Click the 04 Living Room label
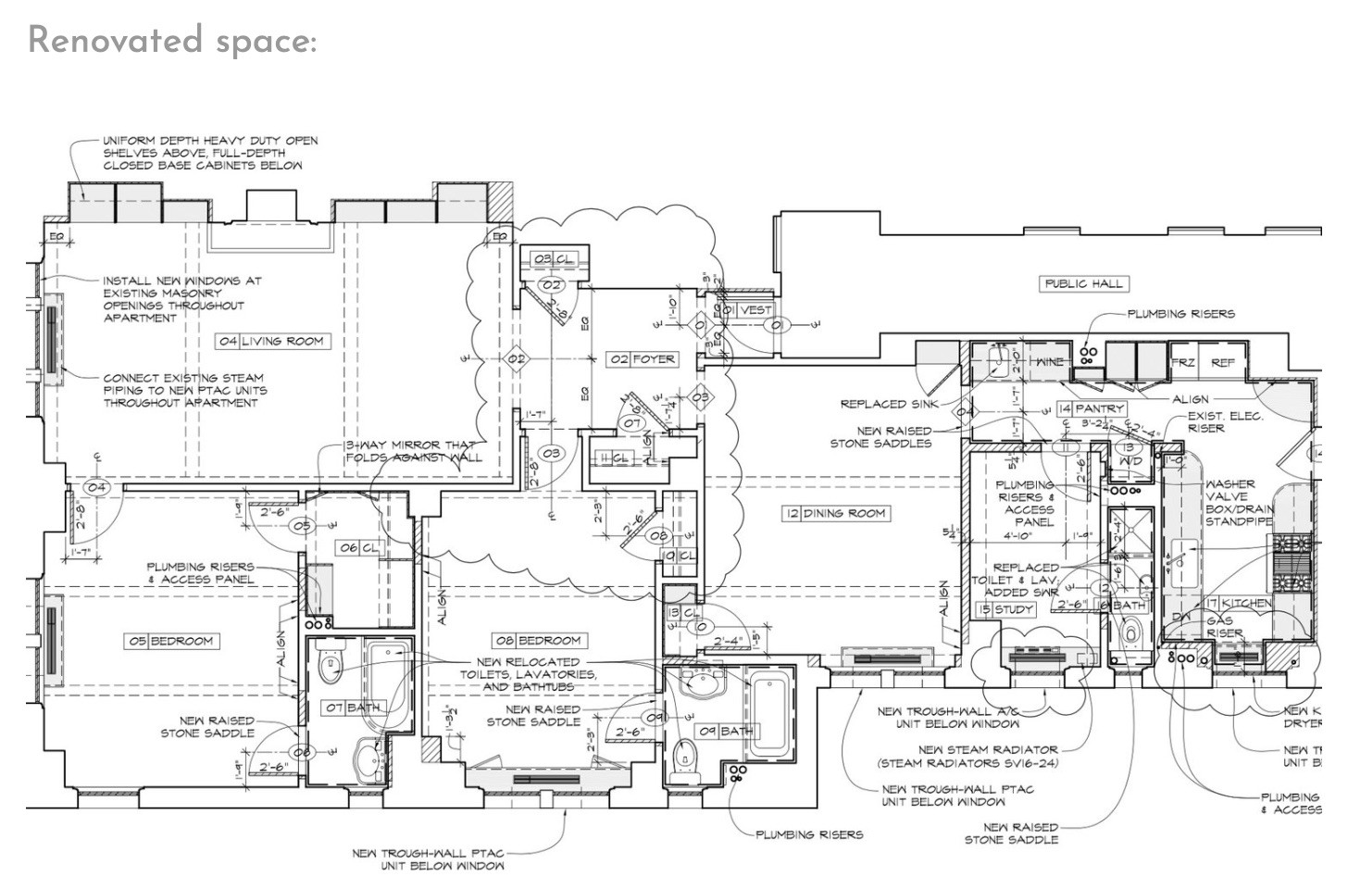tap(272, 341)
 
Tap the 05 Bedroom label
tap(172, 640)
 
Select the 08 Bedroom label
tap(539, 640)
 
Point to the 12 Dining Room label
tap(835, 513)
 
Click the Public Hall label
tap(1083, 283)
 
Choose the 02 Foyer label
tap(643, 358)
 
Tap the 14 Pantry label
tap(1092, 408)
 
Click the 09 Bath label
tap(727, 731)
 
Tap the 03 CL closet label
tap(554, 259)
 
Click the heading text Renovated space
tap(172, 41)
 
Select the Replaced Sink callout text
tap(886, 404)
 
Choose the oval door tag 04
tap(96, 487)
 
